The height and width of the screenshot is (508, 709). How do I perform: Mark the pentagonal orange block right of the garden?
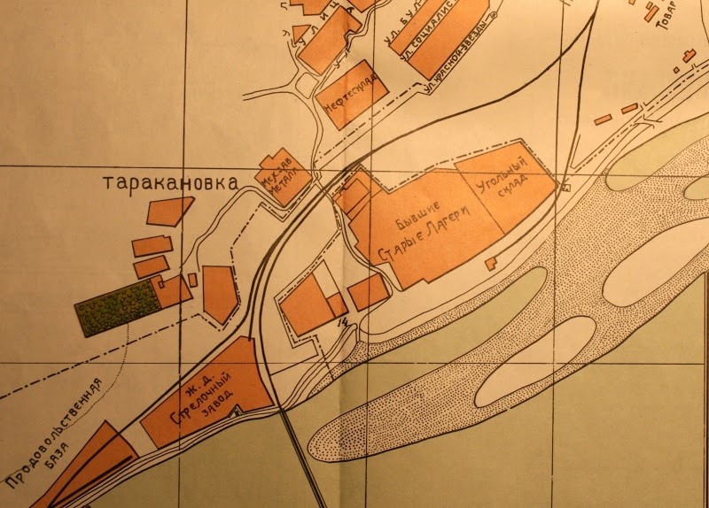coord(220,292)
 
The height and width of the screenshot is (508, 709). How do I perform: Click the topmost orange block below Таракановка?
coord(168,211)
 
